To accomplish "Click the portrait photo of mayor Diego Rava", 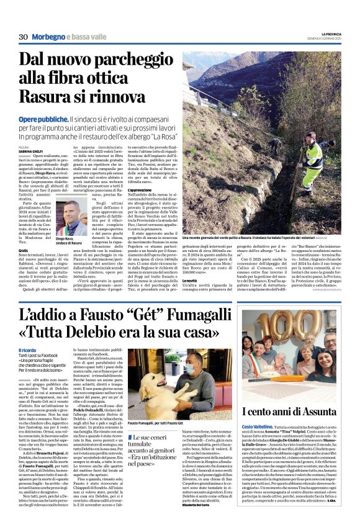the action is [x=71, y=217].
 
